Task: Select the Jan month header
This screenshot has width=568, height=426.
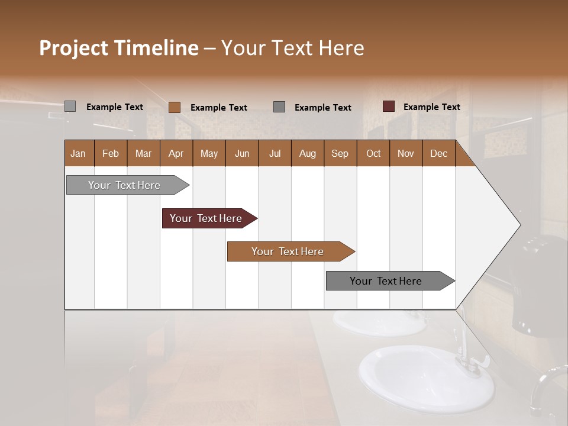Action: click(x=78, y=154)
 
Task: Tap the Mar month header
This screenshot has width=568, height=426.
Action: click(x=143, y=154)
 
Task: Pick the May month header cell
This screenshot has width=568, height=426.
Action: click(x=209, y=154)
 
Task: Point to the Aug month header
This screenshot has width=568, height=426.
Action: click(x=307, y=154)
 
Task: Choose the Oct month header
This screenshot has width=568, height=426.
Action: click(x=373, y=154)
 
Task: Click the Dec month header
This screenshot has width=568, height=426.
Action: click(x=438, y=154)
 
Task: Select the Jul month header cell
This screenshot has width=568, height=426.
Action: click(x=275, y=154)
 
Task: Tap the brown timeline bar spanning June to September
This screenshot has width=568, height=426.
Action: click(x=288, y=251)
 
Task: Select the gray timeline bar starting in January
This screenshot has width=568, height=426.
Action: click(x=125, y=185)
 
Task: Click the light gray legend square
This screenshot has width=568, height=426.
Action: click(x=70, y=106)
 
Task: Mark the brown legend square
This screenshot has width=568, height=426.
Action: click(x=175, y=107)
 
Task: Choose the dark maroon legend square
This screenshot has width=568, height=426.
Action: click(x=388, y=106)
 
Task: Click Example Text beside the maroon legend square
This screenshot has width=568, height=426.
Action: click(x=431, y=107)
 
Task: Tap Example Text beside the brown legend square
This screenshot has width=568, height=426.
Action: click(x=218, y=108)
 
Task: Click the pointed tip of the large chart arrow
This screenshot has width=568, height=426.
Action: click(x=519, y=225)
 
